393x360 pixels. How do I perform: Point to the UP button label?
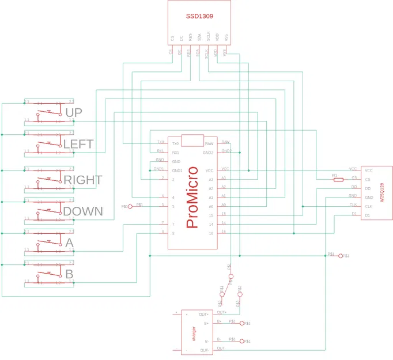(73, 112)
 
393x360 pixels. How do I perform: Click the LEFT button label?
(78, 143)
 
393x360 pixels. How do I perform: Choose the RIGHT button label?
(82, 180)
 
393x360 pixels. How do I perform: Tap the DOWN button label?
(82, 211)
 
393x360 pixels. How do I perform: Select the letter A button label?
(69, 243)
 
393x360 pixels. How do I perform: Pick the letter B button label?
(69, 274)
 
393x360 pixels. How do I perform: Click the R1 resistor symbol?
(338, 179)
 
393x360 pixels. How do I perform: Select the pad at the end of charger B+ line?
(242, 324)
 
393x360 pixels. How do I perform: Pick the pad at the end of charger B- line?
(242, 342)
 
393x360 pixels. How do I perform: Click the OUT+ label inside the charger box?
(203, 314)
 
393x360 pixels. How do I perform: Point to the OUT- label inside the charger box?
(203, 350)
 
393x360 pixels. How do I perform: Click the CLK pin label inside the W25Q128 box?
(368, 206)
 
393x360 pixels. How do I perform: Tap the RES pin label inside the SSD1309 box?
(190, 37)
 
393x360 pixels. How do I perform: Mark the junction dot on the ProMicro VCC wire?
(248, 170)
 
